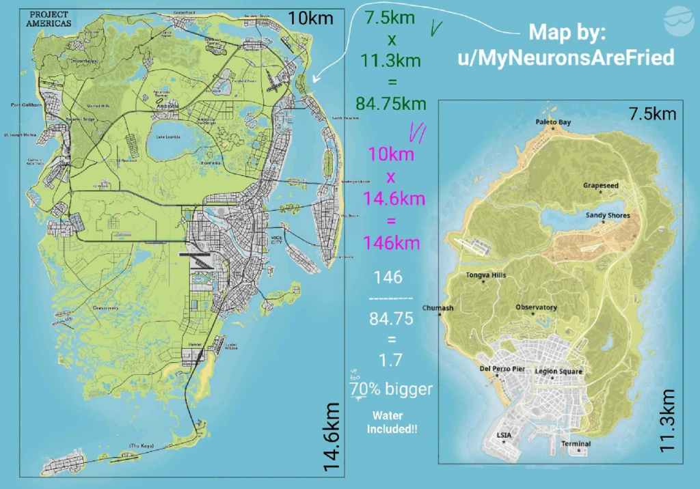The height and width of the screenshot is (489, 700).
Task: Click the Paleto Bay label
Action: [x=553, y=122]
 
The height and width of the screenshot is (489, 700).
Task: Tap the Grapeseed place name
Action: [x=601, y=185]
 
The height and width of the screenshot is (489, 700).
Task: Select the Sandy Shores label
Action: [x=608, y=215]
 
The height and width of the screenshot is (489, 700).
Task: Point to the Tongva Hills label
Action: [x=486, y=275]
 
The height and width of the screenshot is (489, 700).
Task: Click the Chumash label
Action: [x=438, y=308]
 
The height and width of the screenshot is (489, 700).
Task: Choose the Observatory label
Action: [x=536, y=307]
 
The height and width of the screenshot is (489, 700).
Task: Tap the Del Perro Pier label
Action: [x=502, y=369]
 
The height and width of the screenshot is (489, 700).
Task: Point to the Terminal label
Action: [x=576, y=444]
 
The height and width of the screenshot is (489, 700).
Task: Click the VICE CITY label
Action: [x=258, y=238]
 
